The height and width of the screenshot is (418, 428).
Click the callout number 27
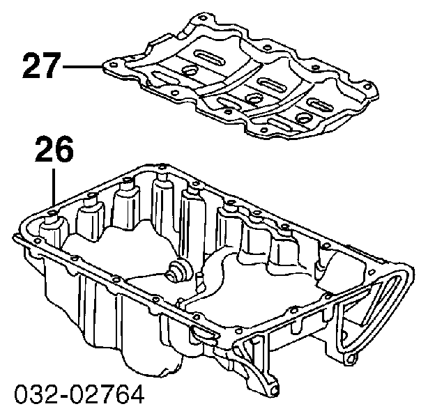41,65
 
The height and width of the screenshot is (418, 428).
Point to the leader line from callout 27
82,66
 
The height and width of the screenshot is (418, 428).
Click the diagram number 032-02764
79,394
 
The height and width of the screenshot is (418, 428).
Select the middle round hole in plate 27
252,99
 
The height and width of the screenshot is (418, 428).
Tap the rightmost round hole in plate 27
303,118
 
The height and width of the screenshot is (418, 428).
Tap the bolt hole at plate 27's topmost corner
202,19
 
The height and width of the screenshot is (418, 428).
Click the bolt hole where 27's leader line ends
114,65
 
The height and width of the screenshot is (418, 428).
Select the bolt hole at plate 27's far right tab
367,86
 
